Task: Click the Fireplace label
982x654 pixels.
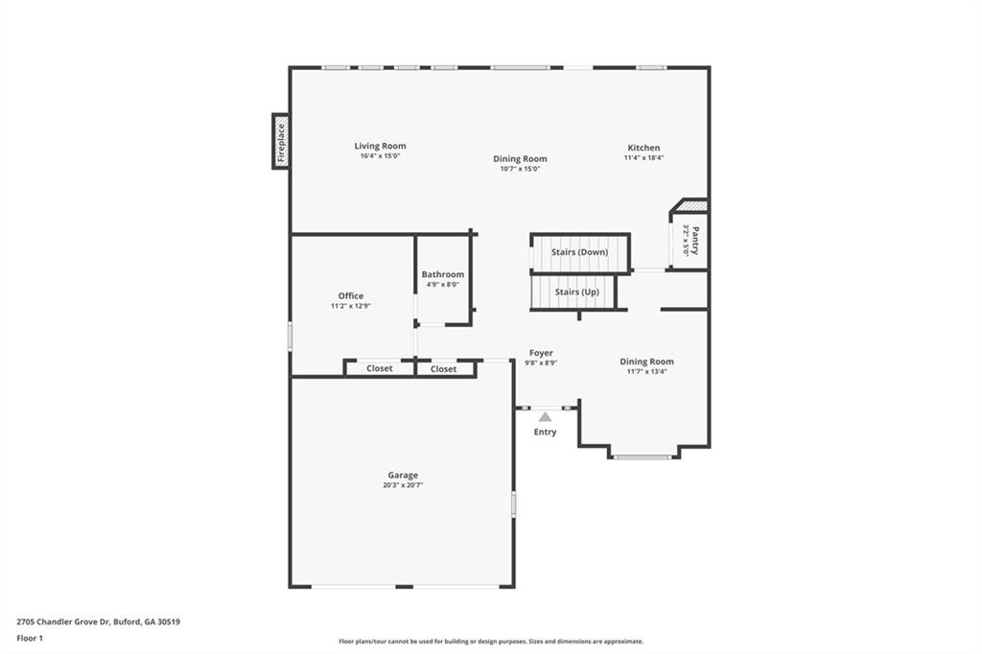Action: pyautogui.click(x=281, y=142)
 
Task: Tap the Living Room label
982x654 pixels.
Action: pyautogui.click(x=380, y=146)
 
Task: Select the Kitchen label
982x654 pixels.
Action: pyautogui.click(x=643, y=148)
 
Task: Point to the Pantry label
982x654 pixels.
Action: pyautogui.click(x=695, y=240)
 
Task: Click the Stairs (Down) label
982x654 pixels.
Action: pyautogui.click(x=579, y=252)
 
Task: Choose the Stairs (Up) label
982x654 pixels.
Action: pyautogui.click(x=576, y=292)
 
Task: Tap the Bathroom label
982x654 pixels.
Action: pyautogui.click(x=443, y=274)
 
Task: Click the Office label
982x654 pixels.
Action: pyautogui.click(x=351, y=295)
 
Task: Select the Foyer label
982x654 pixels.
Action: pyautogui.click(x=541, y=353)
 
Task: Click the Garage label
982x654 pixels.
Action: pyautogui.click(x=403, y=475)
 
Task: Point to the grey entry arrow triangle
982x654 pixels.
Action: pyautogui.click(x=546, y=417)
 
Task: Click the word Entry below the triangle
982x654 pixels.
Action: pyautogui.click(x=545, y=432)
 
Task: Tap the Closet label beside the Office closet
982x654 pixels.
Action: pyautogui.click(x=380, y=368)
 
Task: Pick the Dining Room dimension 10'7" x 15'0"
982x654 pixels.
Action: pyautogui.click(x=520, y=169)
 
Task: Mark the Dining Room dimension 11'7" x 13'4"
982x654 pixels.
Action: pyautogui.click(x=647, y=371)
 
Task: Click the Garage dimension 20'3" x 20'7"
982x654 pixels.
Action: pyautogui.click(x=403, y=485)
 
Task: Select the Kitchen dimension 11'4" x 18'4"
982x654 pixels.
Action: pyautogui.click(x=643, y=158)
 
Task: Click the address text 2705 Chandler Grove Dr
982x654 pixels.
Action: pyautogui.click(x=63, y=622)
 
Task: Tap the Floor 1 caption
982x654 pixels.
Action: pyautogui.click(x=30, y=639)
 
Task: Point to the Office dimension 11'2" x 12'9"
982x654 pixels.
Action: pyautogui.click(x=351, y=306)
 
